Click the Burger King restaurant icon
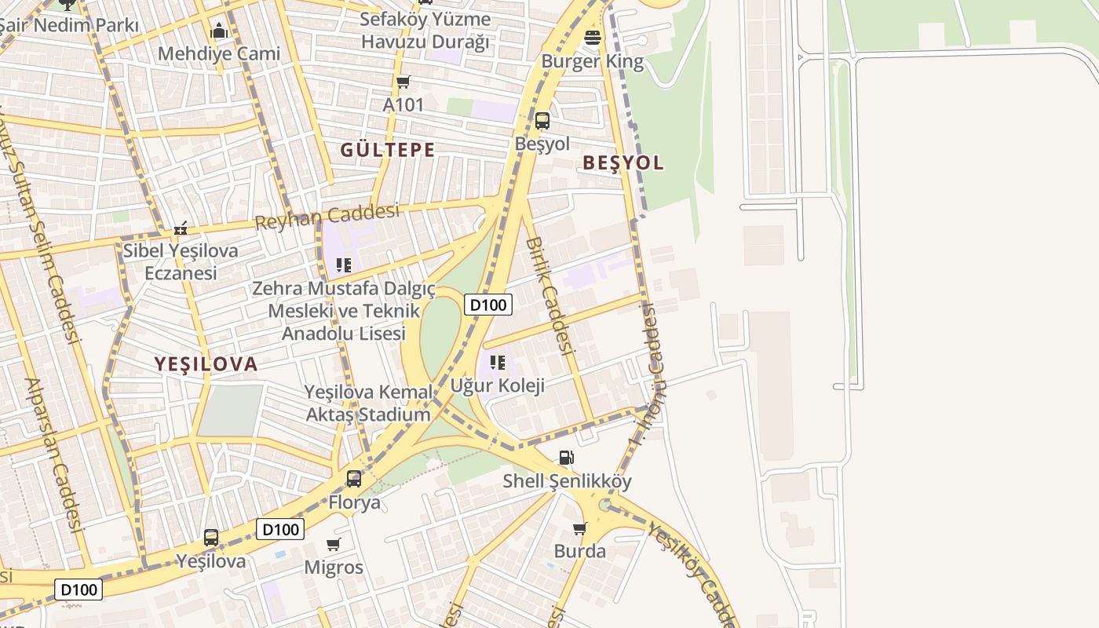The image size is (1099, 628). click(x=593, y=37)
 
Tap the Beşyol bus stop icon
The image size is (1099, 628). click(x=542, y=120)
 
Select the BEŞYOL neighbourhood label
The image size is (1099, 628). click(x=623, y=163)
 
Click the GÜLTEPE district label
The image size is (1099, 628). click(x=387, y=149)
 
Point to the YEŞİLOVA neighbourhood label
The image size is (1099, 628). click(x=206, y=363)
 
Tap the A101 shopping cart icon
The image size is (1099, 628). click(x=403, y=82)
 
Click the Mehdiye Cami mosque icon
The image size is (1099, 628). click(x=219, y=31)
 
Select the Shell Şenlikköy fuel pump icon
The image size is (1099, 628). click(x=566, y=458)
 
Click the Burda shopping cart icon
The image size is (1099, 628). click(x=580, y=528)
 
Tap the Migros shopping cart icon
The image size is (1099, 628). click(x=334, y=544)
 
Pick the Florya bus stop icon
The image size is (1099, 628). click(x=354, y=478)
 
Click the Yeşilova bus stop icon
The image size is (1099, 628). click(x=211, y=538)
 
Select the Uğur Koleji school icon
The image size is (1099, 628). click(x=497, y=363)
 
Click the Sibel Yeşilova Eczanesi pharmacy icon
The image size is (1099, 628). click(x=181, y=228)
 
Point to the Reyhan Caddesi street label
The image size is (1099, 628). click(x=327, y=217)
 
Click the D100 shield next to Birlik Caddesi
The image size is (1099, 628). click(x=488, y=305)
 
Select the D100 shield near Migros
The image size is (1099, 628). click(x=280, y=529)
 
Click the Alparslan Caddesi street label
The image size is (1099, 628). click(x=55, y=455)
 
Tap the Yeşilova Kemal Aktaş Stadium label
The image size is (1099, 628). click(x=368, y=403)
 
